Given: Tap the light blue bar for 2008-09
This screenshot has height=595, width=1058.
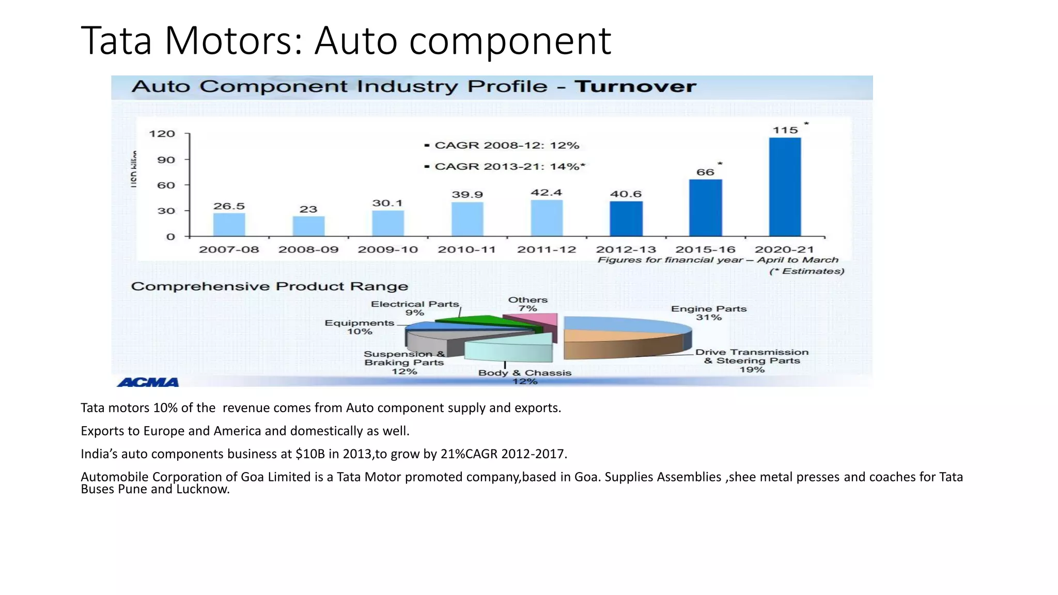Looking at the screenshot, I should (x=308, y=226).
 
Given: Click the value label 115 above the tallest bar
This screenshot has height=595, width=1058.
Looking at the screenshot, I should (x=785, y=130).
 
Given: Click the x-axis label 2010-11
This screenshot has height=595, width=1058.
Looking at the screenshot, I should (x=466, y=249).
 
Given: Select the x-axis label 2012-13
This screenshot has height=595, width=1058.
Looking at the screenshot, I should (x=626, y=249).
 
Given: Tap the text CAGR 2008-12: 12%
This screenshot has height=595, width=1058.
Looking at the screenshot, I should (x=506, y=145).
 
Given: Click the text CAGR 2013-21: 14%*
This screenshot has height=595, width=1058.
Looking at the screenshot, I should (x=509, y=166).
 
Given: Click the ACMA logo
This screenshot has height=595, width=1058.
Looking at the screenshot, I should (x=148, y=382).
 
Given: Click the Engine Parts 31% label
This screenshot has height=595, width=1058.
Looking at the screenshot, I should (x=708, y=313).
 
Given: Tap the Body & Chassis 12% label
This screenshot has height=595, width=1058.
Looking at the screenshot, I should (x=525, y=377).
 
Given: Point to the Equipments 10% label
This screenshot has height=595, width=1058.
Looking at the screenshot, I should (x=360, y=327).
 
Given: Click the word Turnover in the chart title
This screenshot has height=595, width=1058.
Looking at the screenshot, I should (x=635, y=86).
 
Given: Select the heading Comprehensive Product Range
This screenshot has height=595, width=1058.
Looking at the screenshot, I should (x=269, y=287).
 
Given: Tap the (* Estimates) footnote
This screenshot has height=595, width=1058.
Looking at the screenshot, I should (x=806, y=271).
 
